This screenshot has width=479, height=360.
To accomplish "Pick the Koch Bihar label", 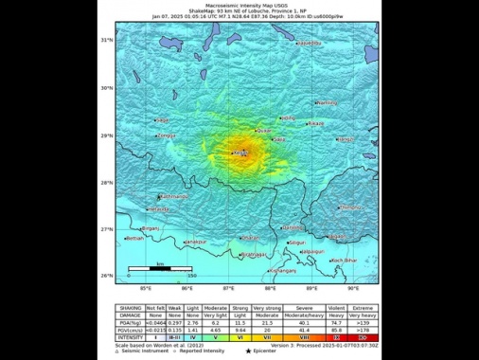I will [342, 259].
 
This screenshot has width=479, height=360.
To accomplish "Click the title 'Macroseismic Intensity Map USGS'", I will [239, 6].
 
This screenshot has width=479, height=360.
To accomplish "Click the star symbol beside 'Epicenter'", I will [249, 351].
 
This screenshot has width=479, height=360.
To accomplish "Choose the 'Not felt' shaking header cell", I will [158, 306].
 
